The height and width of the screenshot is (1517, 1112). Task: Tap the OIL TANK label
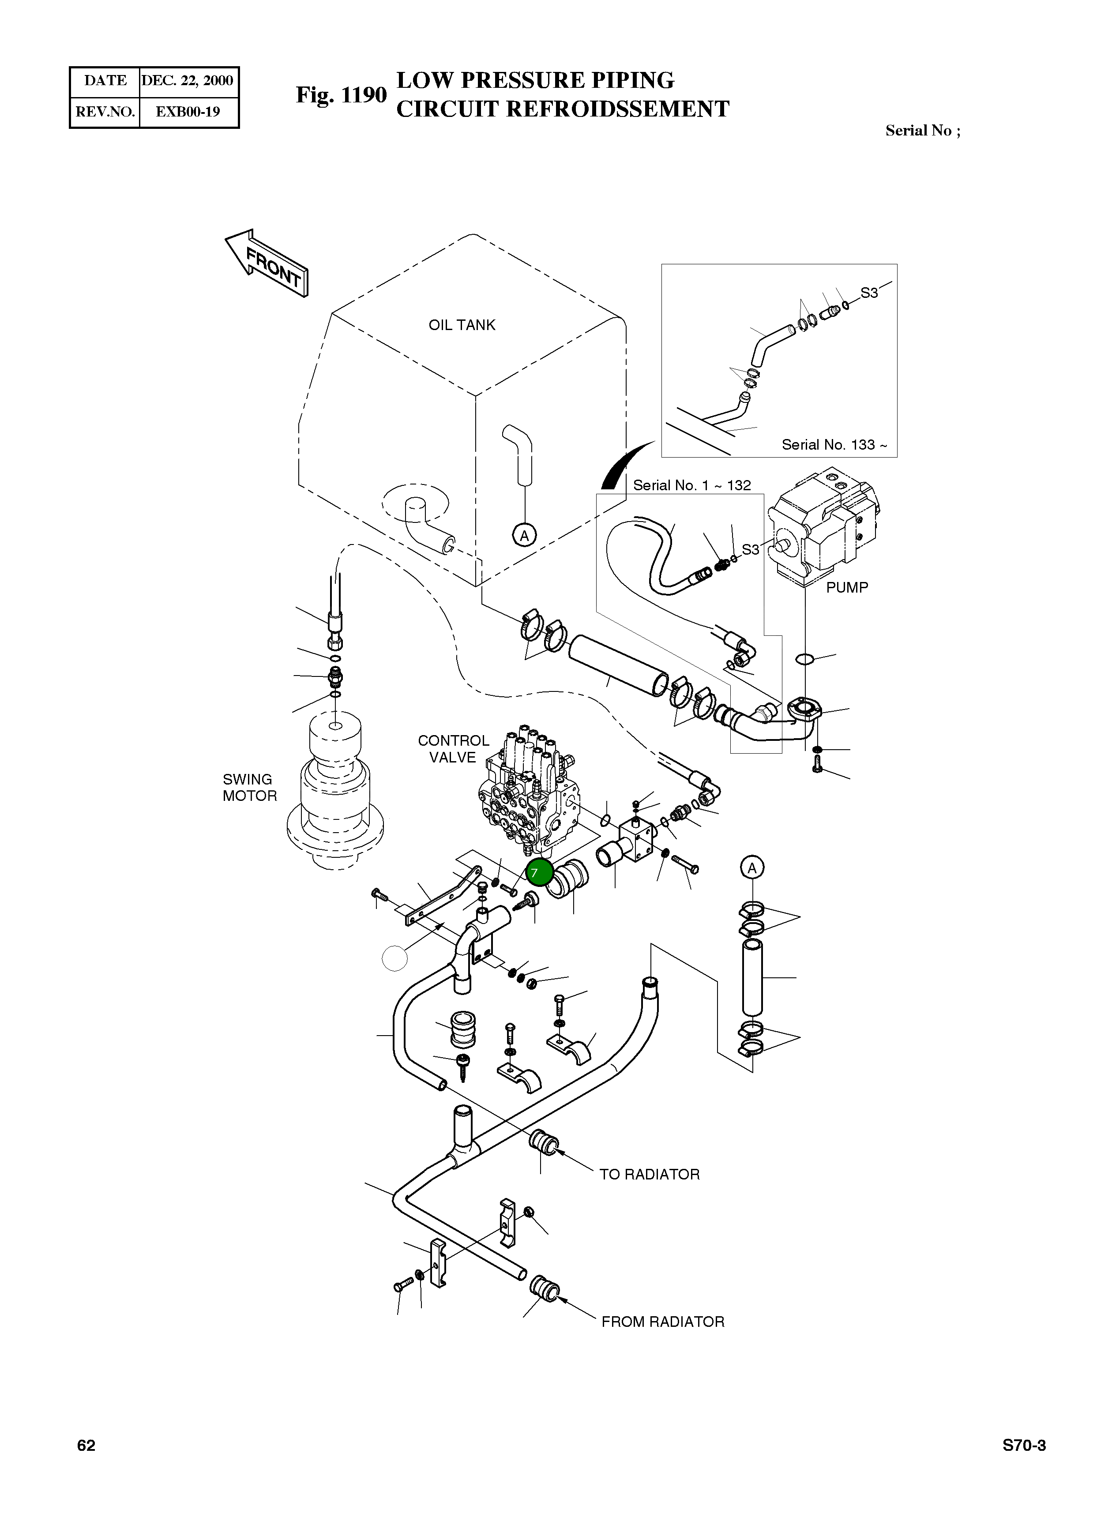(462, 325)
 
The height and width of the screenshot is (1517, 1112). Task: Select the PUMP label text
(847, 588)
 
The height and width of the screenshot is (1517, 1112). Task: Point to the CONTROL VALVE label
(453, 748)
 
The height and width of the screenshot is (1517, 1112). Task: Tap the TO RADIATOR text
(649, 1175)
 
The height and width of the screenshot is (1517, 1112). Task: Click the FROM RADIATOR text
(662, 1322)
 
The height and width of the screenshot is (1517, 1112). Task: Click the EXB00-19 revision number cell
(188, 112)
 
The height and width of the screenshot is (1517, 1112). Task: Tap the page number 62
(86, 1446)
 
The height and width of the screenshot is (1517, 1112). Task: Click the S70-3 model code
(1024, 1446)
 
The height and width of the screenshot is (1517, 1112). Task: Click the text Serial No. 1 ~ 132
(692, 485)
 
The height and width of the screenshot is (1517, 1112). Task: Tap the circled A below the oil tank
(524, 535)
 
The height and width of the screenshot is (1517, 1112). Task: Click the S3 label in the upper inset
(869, 293)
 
